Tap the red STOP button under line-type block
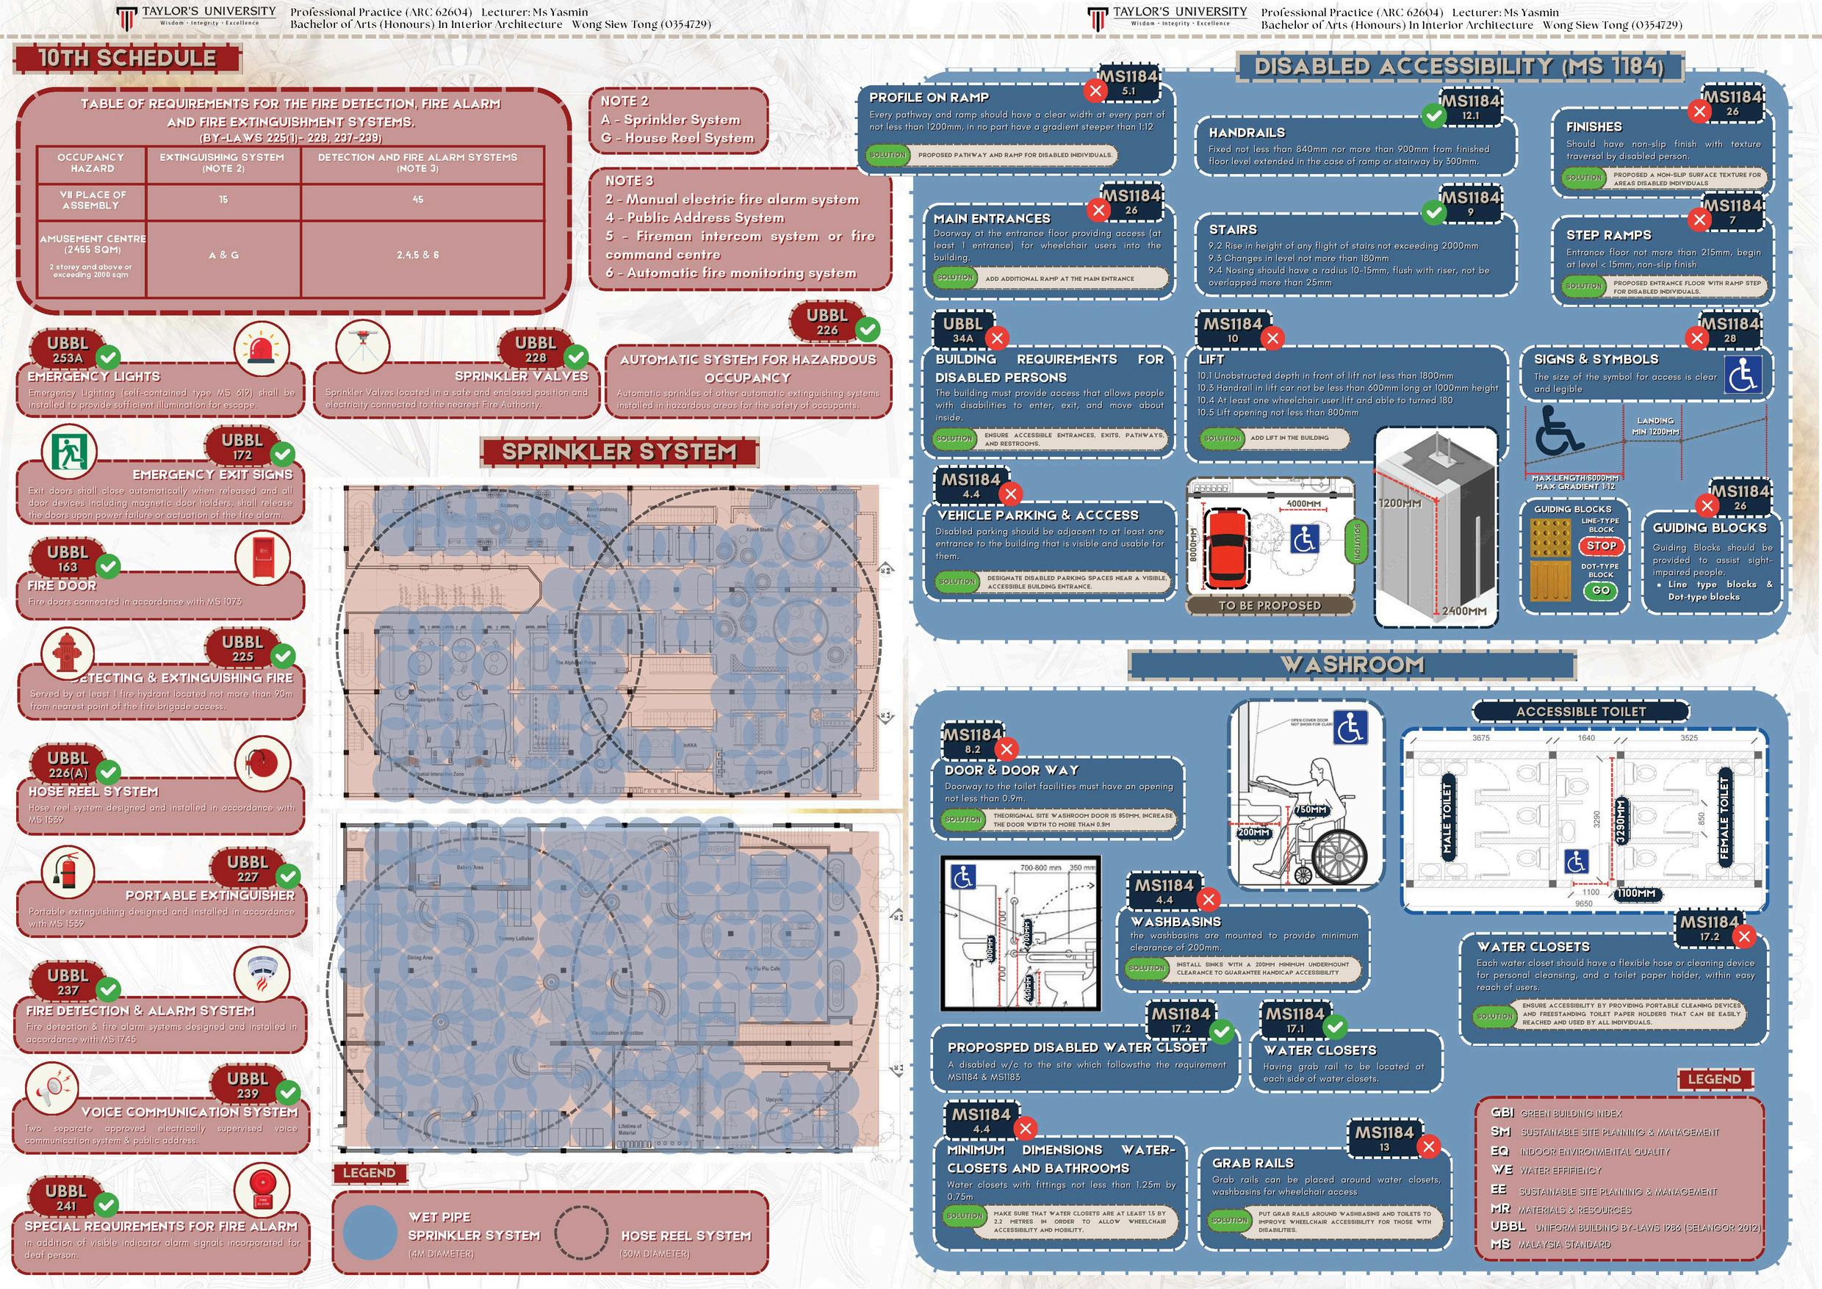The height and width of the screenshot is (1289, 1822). [x=1601, y=546]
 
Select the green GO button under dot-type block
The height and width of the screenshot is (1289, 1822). [x=1601, y=590]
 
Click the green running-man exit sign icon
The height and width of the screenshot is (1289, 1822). [x=68, y=451]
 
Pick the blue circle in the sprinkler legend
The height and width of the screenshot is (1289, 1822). [x=369, y=1232]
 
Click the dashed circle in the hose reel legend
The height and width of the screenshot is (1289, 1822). [x=581, y=1232]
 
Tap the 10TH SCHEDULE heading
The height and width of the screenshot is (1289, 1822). [x=127, y=59]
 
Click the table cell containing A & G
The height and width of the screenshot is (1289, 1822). [x=223, y=255]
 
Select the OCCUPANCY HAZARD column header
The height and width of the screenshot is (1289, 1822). [x=91, y=163]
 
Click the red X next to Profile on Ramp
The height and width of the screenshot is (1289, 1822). [x=1095, y=90]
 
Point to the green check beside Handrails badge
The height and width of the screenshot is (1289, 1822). [x=1433, y=117]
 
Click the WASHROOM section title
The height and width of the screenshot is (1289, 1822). [x=1352, y=665]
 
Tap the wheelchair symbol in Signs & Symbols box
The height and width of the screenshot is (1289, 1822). [x=1743, y=375]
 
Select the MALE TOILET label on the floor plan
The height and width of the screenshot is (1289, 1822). [x=1446, y=818]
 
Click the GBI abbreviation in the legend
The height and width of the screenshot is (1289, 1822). [x=1502, y=1113]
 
